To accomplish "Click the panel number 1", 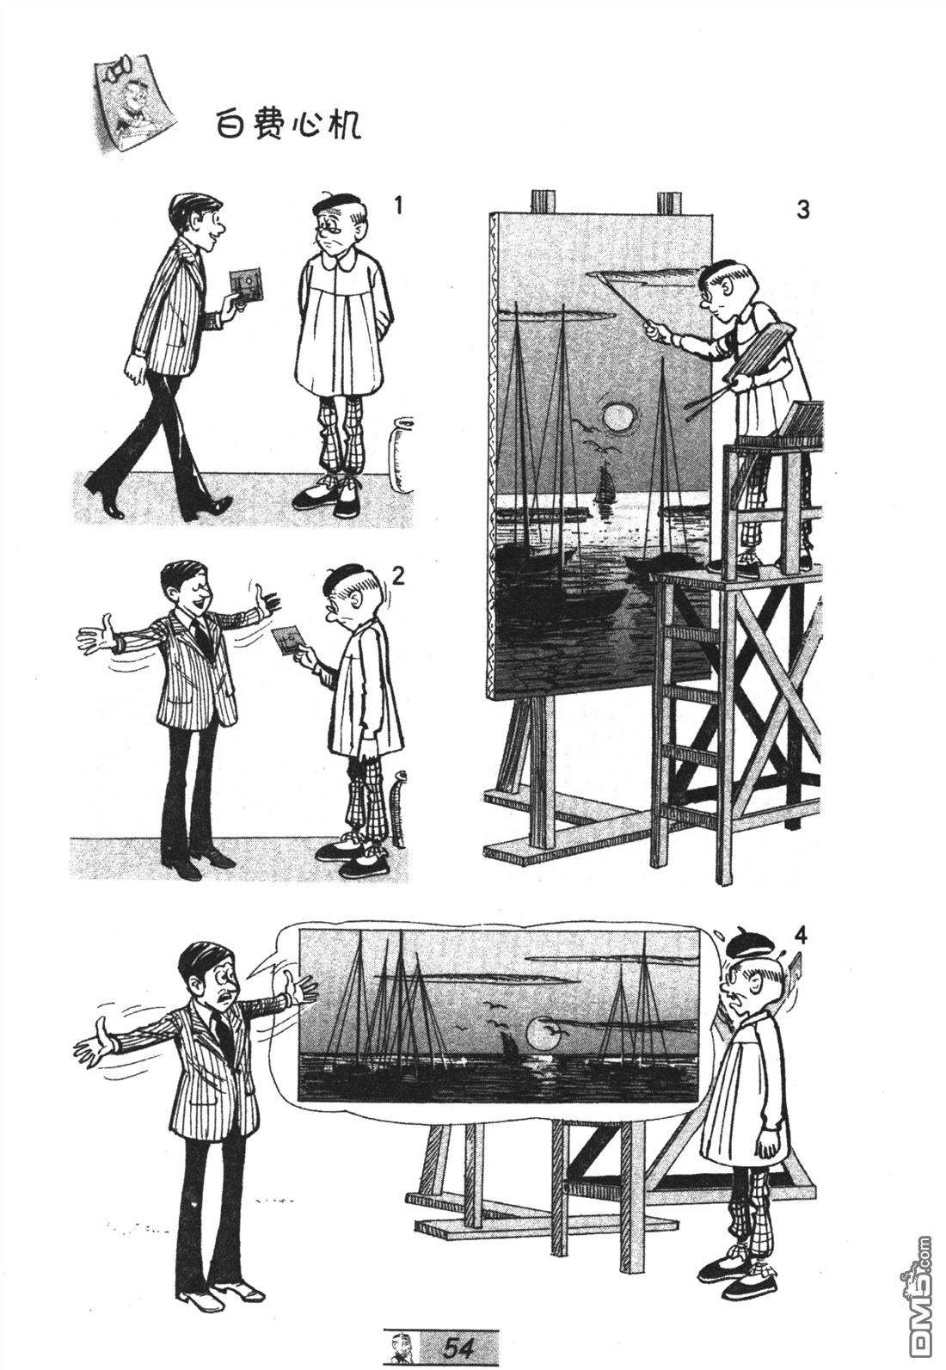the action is click(399, 206).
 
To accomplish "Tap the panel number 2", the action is click(398, 574).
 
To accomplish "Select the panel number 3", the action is click(803, 210).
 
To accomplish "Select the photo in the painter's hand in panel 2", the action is click(288, 639).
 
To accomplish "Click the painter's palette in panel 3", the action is click(762, 353).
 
